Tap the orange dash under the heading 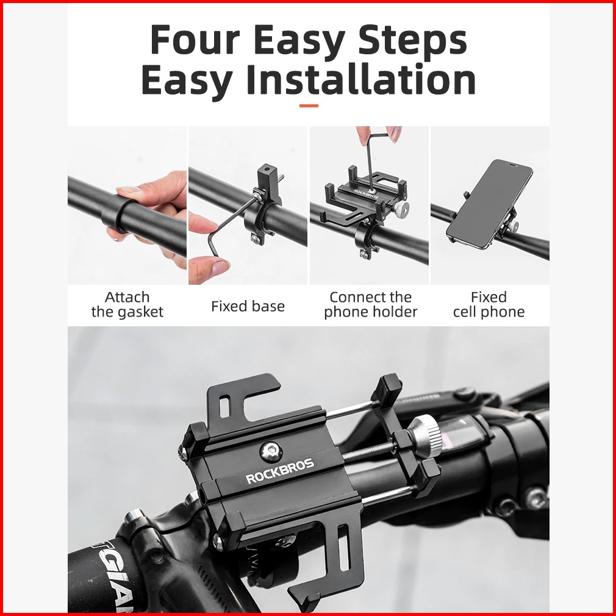309,106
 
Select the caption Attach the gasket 127,304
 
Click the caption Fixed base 248,306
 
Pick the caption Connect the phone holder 370,304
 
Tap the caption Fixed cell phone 489,304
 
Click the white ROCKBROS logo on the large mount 280,470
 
